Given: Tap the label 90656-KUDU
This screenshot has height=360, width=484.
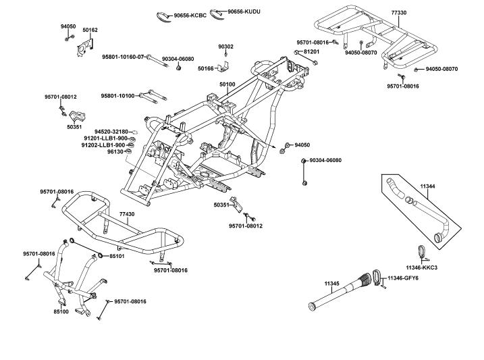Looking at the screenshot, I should [x=243, y=11].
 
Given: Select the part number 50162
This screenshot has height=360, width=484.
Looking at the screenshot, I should [x=90, y=30].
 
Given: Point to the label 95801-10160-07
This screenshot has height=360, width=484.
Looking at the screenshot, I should [x=123, y=57].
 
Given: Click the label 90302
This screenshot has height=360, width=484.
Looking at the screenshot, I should [x=225, y=47].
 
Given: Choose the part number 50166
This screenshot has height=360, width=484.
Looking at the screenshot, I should [x=205, y=68].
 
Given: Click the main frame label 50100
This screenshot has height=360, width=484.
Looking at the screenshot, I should [x=227, y=84].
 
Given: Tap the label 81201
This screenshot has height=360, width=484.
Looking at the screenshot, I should [x=311, y=51].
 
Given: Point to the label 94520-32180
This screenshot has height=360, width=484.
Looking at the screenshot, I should [x=111, y=132].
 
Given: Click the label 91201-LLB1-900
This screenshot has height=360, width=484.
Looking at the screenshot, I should [x=105, y=138].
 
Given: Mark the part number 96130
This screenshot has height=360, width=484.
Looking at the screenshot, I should [x=116, y=152].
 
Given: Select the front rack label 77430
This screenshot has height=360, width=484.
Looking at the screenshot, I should [x=127, y=214].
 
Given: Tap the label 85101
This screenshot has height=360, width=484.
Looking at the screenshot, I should [x=117, y=257].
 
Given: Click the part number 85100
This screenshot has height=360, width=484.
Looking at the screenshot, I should [x=61, y=311].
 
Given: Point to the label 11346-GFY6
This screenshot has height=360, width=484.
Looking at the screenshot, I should [x=422, y=278].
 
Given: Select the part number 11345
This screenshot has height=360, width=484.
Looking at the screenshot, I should [x=331, y=283].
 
